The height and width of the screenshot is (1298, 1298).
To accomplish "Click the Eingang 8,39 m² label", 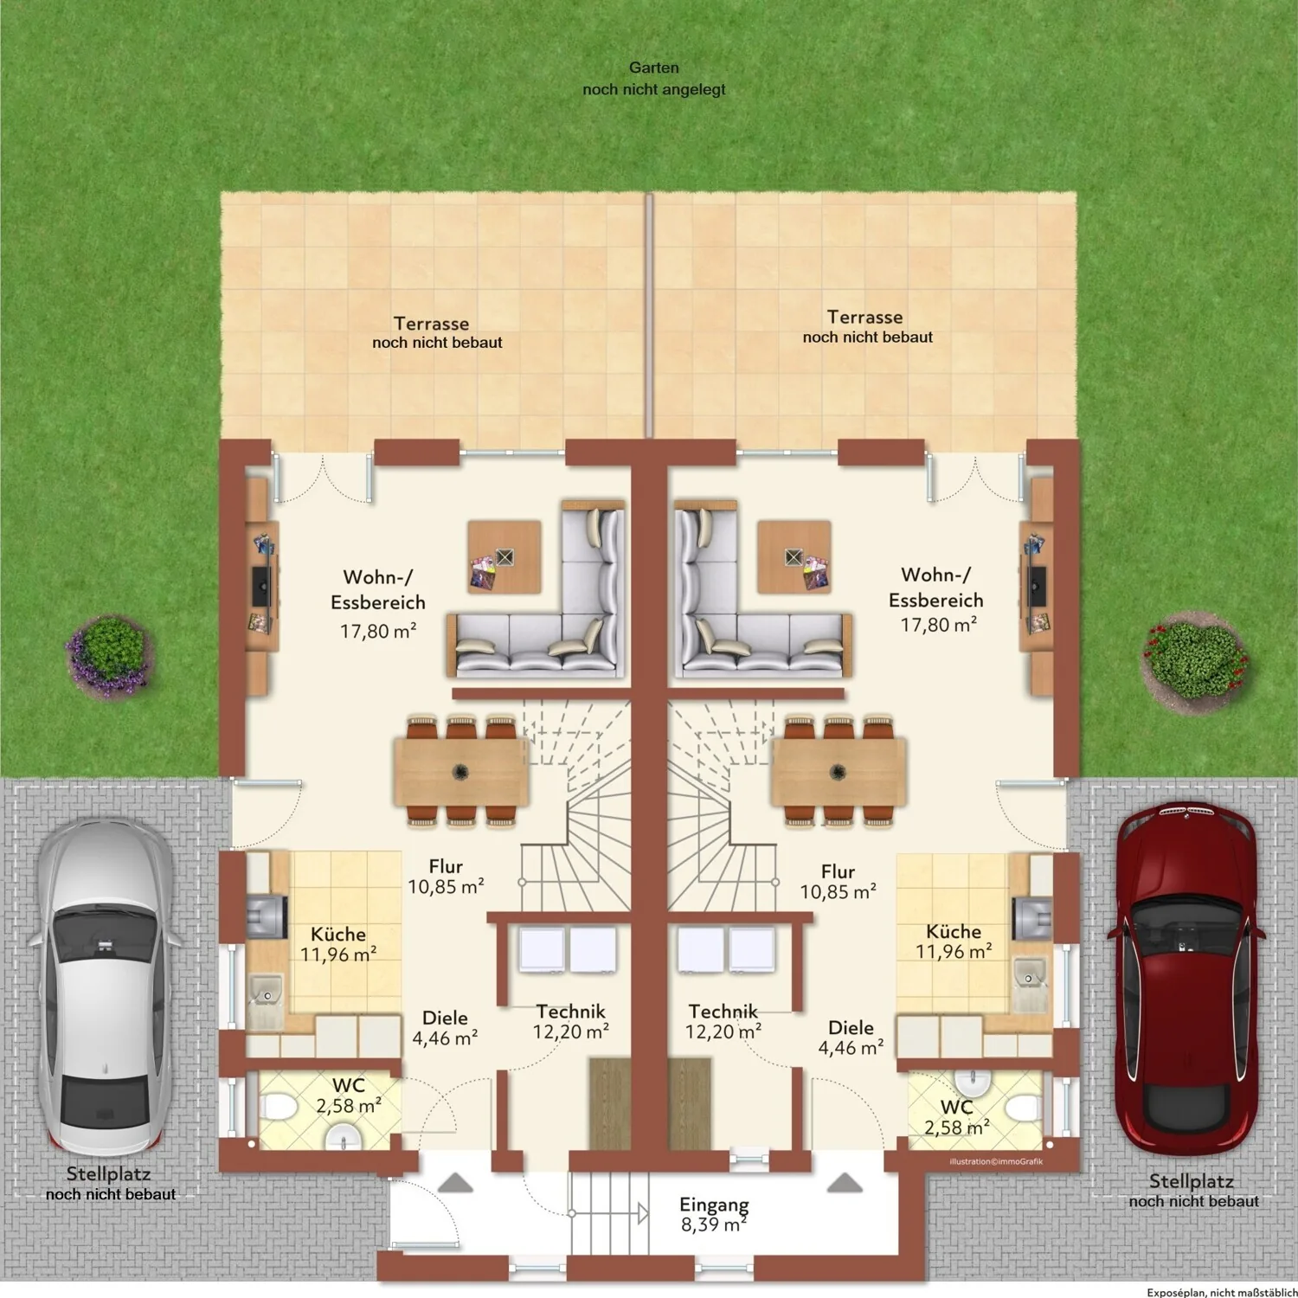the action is (x=714, y=1214).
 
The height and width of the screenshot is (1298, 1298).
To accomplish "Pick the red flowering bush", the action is (x=1196, y=661).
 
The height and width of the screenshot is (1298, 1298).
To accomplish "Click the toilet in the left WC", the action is (x=279, y=1107).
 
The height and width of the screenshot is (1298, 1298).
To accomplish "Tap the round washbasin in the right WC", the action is (x=973, y=1083).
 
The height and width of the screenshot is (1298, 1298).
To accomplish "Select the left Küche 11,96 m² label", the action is (x=337, y=944).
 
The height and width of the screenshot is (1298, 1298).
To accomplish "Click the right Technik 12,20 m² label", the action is (x=723, y=1021).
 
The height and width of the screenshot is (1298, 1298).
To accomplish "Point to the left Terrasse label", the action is (x=437, y=332).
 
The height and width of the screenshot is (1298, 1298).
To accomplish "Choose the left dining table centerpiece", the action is (x=461, y=771).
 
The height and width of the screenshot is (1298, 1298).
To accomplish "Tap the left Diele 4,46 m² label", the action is (x=445, y=1028).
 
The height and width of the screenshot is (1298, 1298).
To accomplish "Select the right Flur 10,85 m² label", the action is (x=838, y=882).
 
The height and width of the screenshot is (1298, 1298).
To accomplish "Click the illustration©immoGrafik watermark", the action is (x=996, y=1161).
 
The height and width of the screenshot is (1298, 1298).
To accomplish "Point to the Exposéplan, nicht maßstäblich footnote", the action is (x=1222, y=1292).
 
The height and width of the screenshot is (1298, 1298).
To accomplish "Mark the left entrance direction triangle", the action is (x=455, y=1183).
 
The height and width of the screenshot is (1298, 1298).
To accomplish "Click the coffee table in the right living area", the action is (x=794, y=556).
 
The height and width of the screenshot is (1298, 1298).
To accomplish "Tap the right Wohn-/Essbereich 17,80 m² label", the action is (x=937, y=600).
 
